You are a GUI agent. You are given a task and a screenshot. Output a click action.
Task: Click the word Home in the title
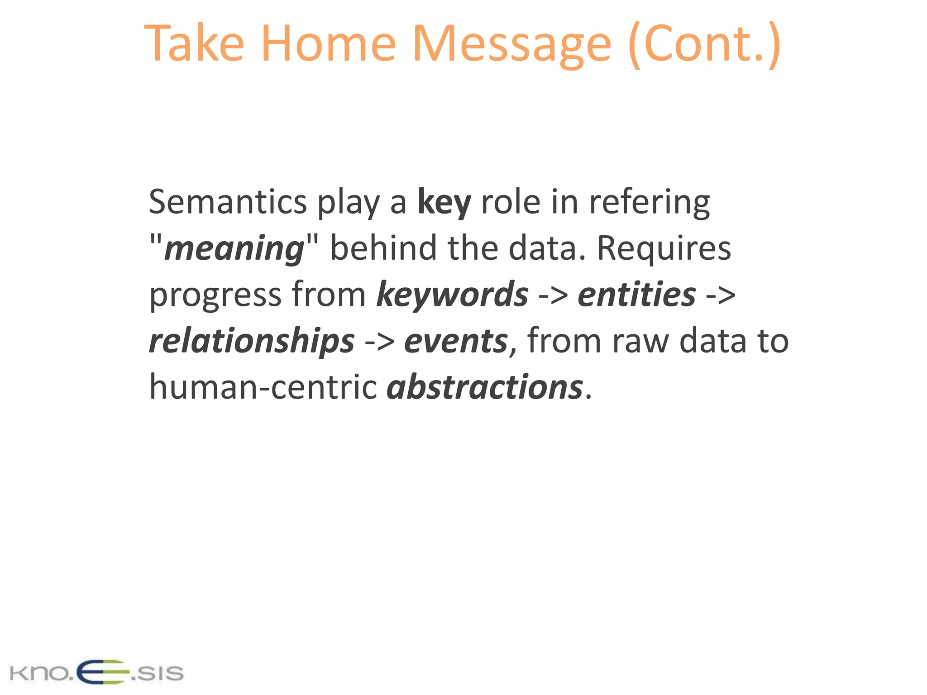(328, 44)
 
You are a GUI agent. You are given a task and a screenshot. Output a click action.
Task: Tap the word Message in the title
(512, 44)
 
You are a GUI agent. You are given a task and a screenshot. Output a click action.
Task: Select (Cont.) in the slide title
(704, 44)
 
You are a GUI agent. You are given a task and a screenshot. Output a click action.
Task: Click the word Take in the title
(195, 44)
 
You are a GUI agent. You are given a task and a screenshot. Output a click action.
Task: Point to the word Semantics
(228, 202)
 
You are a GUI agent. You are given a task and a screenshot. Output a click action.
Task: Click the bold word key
(444, 202)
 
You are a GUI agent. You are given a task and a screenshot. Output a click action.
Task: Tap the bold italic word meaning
(234, 248)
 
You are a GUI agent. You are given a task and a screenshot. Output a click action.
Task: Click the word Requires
(664, 248)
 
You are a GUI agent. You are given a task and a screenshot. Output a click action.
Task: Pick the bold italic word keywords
(452, 295)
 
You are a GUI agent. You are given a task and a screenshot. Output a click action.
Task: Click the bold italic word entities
(636, 295)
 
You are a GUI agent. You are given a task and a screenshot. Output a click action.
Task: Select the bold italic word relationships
(252, 341)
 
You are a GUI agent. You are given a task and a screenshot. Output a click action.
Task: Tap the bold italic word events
(456, 341)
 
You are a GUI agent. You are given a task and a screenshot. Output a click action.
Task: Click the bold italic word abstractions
(485, 388)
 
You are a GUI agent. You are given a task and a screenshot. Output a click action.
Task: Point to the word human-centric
(263, 388)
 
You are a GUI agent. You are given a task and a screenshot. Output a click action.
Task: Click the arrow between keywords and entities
(553, 295)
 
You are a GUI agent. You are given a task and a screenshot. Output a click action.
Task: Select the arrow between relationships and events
(379, 342)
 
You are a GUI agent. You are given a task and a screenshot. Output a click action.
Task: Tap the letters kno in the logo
(38, 673)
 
